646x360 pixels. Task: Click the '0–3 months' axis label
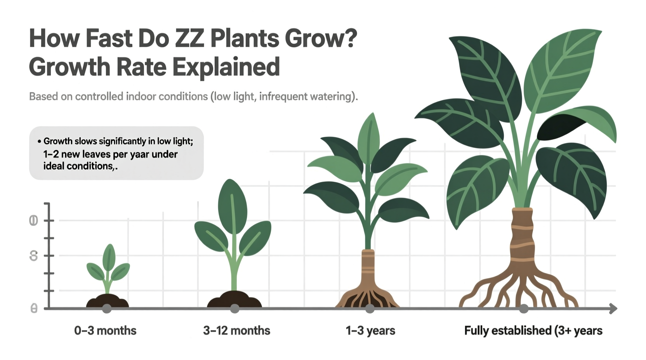point(105,331)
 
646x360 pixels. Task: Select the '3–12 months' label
point(236,331)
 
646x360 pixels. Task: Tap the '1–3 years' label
point(370,331)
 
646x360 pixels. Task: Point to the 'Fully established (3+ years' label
point(533,331)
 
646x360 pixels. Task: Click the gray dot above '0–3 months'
point(107,309)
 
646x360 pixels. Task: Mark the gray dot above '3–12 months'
point(234,309)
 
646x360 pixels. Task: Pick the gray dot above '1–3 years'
point(370,309)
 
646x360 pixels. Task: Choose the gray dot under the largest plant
point(524,309)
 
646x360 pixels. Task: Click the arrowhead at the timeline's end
point(613,309)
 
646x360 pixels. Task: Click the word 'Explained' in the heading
point(226,67)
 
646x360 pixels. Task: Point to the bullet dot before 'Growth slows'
point(39,142)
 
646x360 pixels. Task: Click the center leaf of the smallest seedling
point(109,258)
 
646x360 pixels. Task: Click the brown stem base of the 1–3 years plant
point(368,268)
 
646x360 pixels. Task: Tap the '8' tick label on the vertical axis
point(34,256)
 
